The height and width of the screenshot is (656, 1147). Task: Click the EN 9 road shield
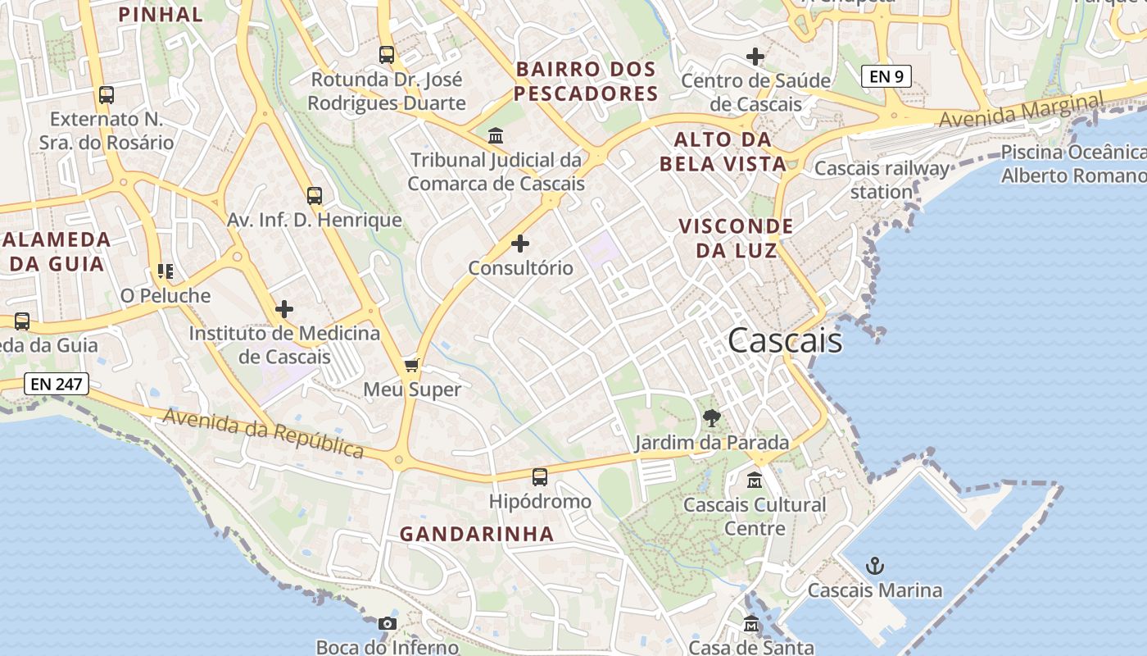[x=886, y=76]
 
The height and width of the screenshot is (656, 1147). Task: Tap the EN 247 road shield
[x=57, y=383]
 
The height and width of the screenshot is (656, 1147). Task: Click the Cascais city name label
[x=784, y=340]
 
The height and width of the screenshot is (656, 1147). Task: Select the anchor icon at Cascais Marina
[x=875, y=566]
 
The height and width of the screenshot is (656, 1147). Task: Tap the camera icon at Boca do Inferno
[x=388, y=623]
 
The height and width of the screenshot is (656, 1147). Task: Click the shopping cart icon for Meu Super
[x=412, y=365]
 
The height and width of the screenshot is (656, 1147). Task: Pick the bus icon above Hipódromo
[x=539, y=476]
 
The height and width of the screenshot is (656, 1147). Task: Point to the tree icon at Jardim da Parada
[x=712, y=418]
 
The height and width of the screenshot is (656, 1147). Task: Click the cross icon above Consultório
[x=520, y=244]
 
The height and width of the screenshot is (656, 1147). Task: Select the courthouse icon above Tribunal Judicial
[x=496, y=135]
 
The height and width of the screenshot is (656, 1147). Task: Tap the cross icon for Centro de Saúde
[x=755, y=57]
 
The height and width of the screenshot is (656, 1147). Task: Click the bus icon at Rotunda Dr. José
[x=387, y=55]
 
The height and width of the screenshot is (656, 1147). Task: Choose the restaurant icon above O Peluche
[x=165, y=271]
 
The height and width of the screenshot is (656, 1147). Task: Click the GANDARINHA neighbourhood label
[x=477, y=534]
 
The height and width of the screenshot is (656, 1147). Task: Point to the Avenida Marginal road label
[x=1021, y=110]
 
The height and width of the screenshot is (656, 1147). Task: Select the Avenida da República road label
[x=263, y=433]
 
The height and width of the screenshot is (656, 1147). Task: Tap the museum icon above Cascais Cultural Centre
[x=755, y=481]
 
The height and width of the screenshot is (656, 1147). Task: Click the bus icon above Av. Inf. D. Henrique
[x=314, y=195]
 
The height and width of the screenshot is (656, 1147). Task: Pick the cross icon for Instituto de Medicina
[x=284, y=309]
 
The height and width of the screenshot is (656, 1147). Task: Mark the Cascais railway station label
[x=882, y=180]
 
